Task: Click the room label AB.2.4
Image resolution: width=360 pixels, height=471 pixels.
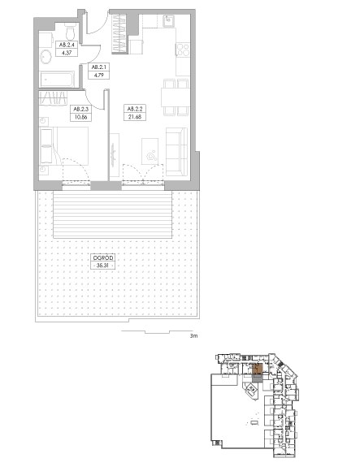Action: tap(67, 45)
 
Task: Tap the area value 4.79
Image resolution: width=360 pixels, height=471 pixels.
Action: tap(98, 75)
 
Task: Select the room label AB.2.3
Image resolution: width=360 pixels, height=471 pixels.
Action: tap(80, 109)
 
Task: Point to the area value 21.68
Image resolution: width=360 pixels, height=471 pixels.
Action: tap(135, 117)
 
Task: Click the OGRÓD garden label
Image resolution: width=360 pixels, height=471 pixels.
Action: tap(102, 257)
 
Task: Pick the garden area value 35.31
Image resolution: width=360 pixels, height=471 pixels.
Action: tap(102, 266)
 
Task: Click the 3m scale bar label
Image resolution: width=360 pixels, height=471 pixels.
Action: tap(194, 336)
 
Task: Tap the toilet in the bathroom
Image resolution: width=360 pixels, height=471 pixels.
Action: tap(71, 32)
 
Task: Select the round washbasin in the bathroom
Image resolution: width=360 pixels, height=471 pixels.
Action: tap(46, 57)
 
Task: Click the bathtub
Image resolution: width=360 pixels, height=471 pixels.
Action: tap(57, 80)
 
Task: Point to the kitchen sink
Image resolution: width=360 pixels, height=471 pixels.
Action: tap(168, 21)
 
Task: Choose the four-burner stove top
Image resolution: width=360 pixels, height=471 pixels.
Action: tap(183, 50)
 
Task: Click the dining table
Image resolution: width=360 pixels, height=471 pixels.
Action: tap(176, 97)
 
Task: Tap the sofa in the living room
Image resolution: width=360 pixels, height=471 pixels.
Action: tap(176, 152)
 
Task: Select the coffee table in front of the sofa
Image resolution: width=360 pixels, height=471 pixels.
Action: tap(150, 151)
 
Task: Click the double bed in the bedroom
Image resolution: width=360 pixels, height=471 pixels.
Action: tap(64, 146)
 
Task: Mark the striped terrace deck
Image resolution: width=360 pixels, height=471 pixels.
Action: tap(112, 214)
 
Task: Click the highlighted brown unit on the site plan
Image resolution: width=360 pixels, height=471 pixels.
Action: tap(258, 369)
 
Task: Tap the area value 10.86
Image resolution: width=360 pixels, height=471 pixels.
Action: tap(80, 117)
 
